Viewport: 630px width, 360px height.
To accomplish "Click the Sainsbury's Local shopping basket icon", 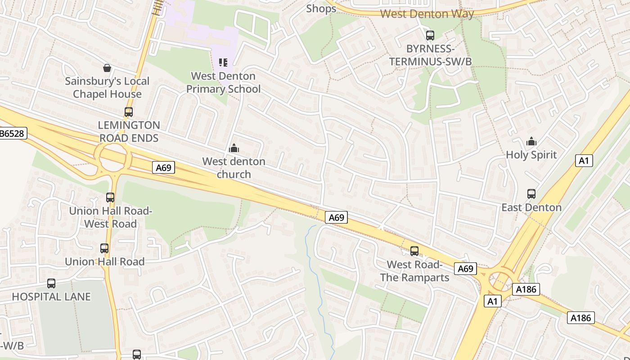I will [107, 68].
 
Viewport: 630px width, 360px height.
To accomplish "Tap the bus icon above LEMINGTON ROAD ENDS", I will [129, 112].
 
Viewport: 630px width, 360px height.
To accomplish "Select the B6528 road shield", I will [13, 133].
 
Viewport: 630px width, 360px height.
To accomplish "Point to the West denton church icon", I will [234, 148].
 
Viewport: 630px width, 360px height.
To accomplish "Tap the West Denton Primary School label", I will [223, 82].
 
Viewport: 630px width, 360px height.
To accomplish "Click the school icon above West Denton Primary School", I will [223, 63].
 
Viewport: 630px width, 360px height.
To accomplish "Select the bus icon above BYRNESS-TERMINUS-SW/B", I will [430, 35].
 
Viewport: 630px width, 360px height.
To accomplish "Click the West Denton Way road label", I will [427, 14].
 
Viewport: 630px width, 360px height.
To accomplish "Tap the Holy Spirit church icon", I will [531, 141].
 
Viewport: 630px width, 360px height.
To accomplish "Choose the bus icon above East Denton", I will [531, 194].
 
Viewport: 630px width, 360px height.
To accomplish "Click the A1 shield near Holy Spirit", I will [584, 161].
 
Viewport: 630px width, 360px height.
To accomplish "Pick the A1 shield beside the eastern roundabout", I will [492, 301].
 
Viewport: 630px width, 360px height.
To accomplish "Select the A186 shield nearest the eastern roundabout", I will [526, 289].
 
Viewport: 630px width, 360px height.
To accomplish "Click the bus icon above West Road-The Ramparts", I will [414, 251].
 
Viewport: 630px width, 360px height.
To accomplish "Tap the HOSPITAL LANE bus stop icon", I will [51, 283].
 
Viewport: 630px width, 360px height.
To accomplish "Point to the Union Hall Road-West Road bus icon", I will [110, 197].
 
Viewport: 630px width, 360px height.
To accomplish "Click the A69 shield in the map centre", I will [336, 218].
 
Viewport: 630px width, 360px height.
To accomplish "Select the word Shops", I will [321, 9].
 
